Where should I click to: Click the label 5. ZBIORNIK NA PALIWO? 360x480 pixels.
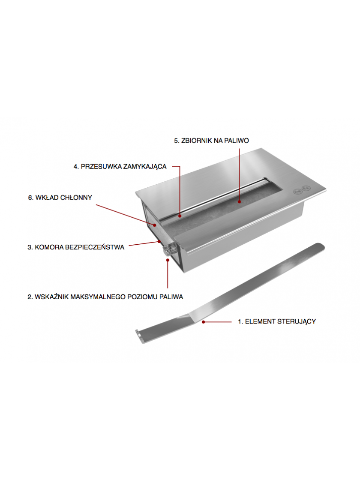pyautogui.click(x=212, y=141)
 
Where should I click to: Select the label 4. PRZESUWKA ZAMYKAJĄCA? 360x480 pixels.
pyautogui.click(x=120, y=167)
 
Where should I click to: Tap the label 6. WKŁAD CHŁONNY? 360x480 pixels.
pyautogui.click(x=60, y=198)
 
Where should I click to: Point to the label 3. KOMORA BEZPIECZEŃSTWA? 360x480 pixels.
pyautogui.click(x=76, y=247)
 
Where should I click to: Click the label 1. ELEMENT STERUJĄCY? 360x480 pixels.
pyautogui.click(x=277, y=321)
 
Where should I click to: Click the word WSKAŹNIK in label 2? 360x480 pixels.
pyautogui.click(x=52, y=297)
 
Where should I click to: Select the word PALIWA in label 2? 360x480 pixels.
pyautogui.click(x=171, y=297)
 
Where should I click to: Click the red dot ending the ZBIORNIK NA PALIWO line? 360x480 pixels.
pyautogui.click(x=240, y=202)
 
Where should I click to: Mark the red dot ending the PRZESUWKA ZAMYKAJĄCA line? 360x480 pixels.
pyautogui.click(x=180, y=216)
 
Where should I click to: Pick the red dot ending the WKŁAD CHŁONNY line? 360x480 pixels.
pyautogui.click(x=155, y=225)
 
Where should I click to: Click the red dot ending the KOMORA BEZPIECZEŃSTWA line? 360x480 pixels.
pyautogui.click(x=159, y=242)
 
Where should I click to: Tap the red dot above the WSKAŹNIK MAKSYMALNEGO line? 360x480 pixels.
pyautogui.click(x=168, y=260)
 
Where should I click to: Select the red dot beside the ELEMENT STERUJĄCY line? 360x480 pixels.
pyautogui.click(x=203, y=322)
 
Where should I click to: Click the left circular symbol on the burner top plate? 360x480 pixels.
pyautogui.click(x=297, y=192)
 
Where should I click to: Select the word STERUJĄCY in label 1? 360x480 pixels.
pyautogui.click(x=296, y=321)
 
